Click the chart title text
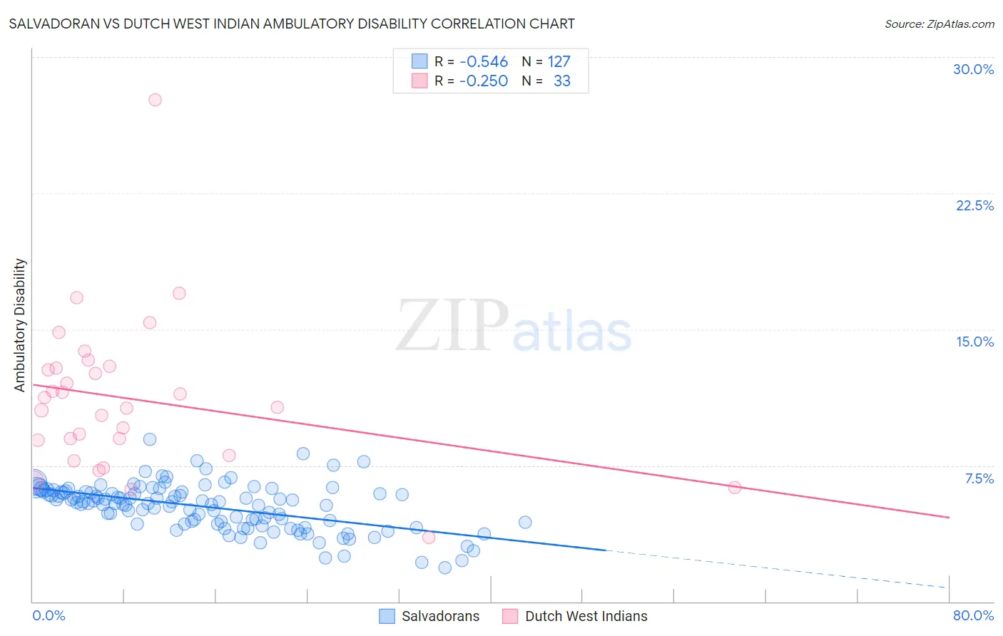pos(292,24)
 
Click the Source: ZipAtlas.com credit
pos(939,24)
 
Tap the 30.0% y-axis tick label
pos(973,69)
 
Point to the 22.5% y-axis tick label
pos(974,205)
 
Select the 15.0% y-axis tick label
pos(974,342)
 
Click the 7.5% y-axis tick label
pos(979,478)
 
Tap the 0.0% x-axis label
pos(49,615)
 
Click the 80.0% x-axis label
pos(973,615)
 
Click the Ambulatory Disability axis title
pos(20,325)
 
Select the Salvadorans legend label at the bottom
pos(440,616)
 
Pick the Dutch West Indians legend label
pos(586,616)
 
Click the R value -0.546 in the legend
pos(484,62)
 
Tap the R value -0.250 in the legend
pos(484,81)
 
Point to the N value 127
pos(559,62)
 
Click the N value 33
pos(562,81)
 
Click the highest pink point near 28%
pos(155,100)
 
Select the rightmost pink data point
pos(735,488)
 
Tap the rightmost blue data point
pos(525,522)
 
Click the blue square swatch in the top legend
pos(419,61)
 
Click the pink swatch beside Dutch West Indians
pos(510,616)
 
